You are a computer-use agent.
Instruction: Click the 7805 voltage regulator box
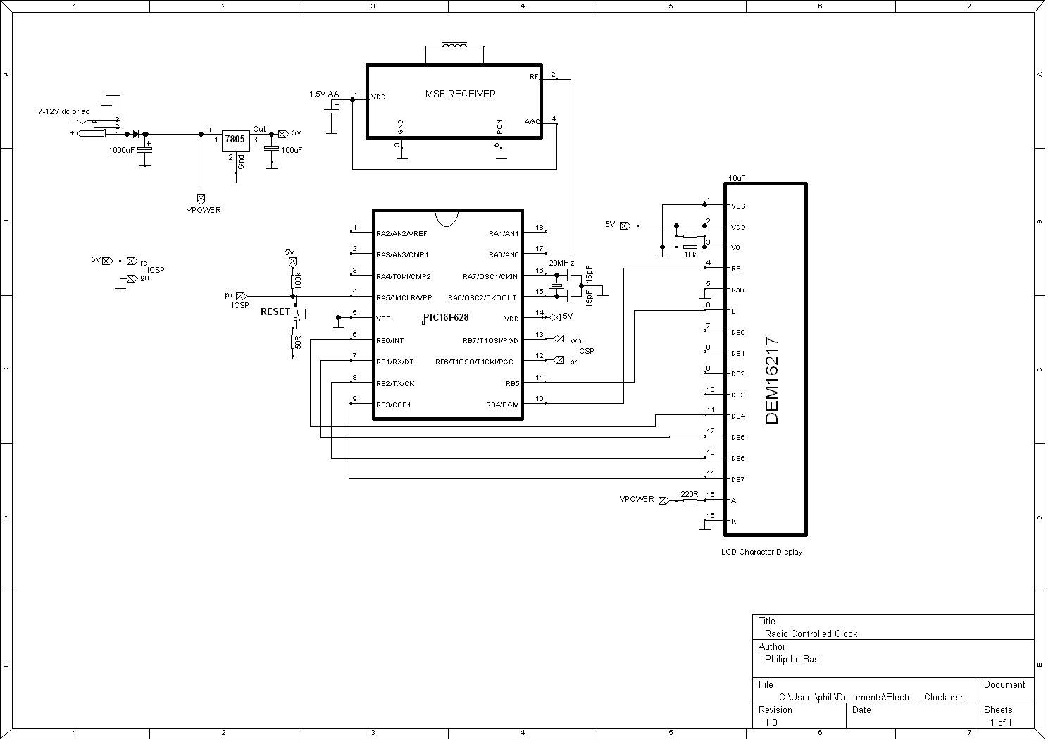pos(235,140)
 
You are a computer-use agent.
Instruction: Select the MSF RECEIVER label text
pos(460,94)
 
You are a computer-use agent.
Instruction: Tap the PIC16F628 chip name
pos(445,318)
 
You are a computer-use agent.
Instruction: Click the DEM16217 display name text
pos(772,381)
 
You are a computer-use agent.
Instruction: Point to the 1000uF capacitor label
pos(121,150)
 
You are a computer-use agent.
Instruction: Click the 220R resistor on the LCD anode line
pos(689,500)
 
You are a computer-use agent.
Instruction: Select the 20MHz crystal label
pos(561,263)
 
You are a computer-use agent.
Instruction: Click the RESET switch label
pos(275,311)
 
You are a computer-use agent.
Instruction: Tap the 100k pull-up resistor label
pos(299,280)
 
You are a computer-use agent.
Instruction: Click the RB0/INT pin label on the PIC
pos(390,341)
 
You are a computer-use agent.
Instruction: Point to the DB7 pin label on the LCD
pos(737,480)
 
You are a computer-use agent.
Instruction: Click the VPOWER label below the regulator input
pos(203,210)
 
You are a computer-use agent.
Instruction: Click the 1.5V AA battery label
pos(323,94)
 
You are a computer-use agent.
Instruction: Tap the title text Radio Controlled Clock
pos(811,634)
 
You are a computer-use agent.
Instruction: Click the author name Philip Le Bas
pos(792,660)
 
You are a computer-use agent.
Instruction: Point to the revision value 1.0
pos(771,722)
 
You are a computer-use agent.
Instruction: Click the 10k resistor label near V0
pos(690,254)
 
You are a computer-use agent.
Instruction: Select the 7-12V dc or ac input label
pos(63,111)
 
